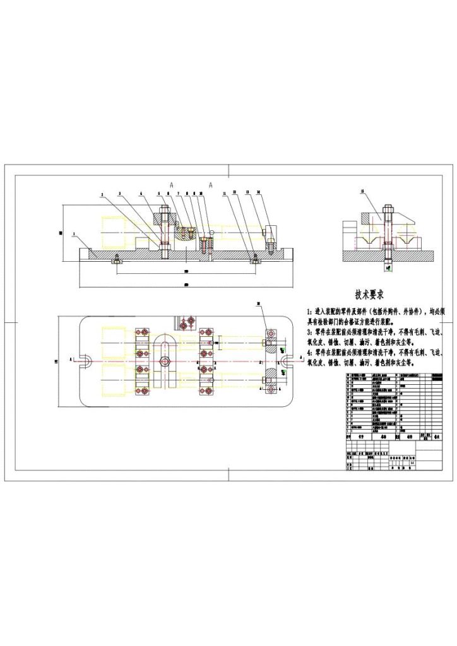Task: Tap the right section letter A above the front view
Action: click(x=211, y=184)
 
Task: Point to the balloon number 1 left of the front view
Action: click(x=73, y=233)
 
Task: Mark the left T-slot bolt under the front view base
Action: click(x=116, y=259)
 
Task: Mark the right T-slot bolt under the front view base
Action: click(x=254, y=259)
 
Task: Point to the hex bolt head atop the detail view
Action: click(x=387, y=209)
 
